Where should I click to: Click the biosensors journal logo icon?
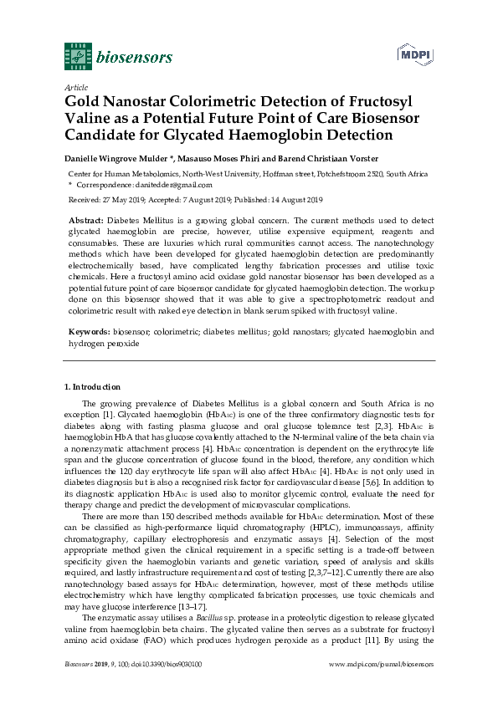click(x=78, y=57)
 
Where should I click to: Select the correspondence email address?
click(x=171, y=184)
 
